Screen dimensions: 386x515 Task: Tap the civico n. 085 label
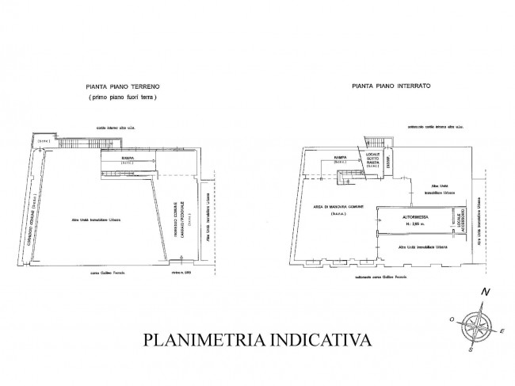(x=181, y=271)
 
